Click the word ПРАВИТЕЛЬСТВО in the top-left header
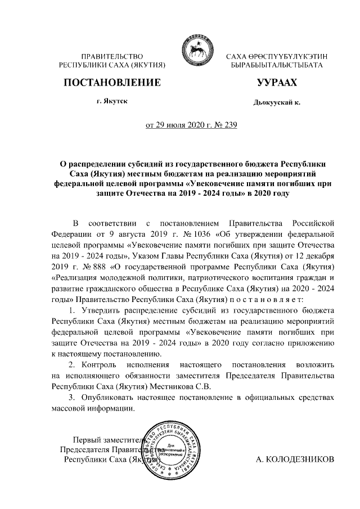(111, 57)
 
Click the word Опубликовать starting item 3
(107, 398)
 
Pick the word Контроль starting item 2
(99, 365)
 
